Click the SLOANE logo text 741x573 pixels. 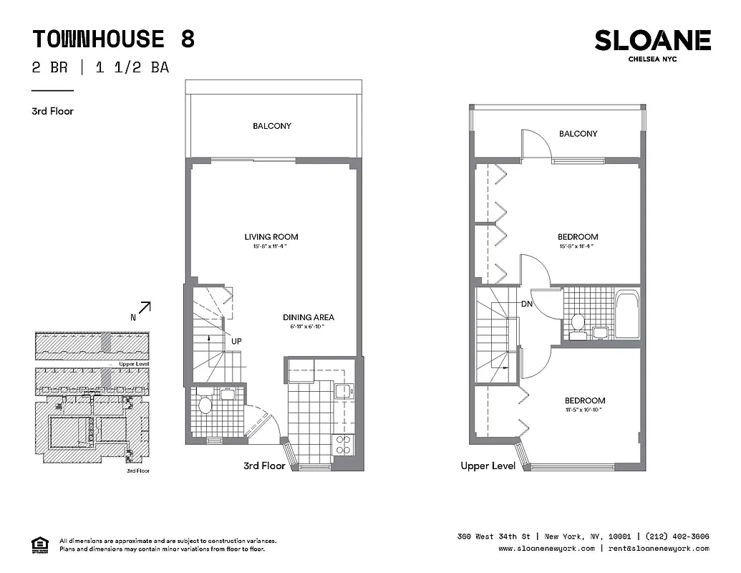point(652,41)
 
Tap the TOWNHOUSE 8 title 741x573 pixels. point(114,38)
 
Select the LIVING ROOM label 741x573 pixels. point(271,237)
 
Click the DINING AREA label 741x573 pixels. point(309,317)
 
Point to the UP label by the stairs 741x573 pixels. point(236,342)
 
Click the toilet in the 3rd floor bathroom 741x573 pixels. point(205,406)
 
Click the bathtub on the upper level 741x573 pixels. point(627,315)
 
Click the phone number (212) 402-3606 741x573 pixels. point(677,536)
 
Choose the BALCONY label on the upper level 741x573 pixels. point(578,134)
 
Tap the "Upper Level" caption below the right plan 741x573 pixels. point(488,466)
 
